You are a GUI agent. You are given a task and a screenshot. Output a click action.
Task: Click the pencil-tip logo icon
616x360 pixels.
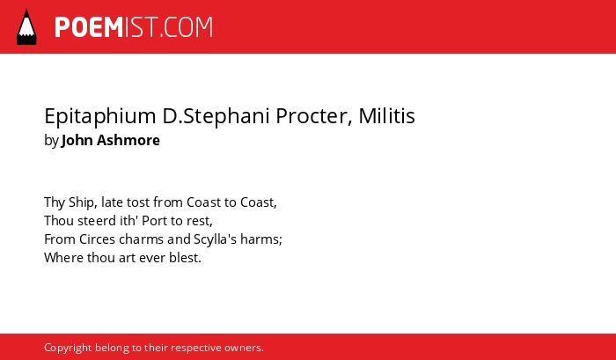tap(26, 26)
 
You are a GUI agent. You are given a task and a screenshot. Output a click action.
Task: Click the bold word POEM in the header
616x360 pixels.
tap(89, 27)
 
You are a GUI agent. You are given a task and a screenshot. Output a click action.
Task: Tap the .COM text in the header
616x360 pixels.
tap(186, 27)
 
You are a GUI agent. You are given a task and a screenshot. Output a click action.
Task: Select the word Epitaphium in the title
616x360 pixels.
tap(100, 116)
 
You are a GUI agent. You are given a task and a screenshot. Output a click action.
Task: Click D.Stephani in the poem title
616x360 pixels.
tap(216, 116)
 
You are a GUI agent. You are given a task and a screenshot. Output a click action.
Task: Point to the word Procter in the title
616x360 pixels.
tap(312, 116)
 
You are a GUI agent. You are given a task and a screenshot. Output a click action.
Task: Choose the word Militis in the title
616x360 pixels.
tap(386, 115)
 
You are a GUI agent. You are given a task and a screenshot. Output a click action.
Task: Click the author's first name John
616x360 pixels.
tap(77, 140)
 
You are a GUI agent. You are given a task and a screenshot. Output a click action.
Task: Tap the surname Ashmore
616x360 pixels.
tap(128, 140)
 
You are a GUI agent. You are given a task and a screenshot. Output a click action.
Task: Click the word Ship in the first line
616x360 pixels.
tap(81, 202)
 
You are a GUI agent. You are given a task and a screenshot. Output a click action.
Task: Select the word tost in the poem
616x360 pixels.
tap(138, 202)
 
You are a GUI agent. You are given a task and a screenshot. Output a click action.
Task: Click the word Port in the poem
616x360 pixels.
tap(154, 221)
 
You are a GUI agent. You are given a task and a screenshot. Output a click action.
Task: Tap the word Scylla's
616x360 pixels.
tap(215, 239)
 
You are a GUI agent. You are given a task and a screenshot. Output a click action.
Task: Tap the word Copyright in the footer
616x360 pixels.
tap(68, 349)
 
